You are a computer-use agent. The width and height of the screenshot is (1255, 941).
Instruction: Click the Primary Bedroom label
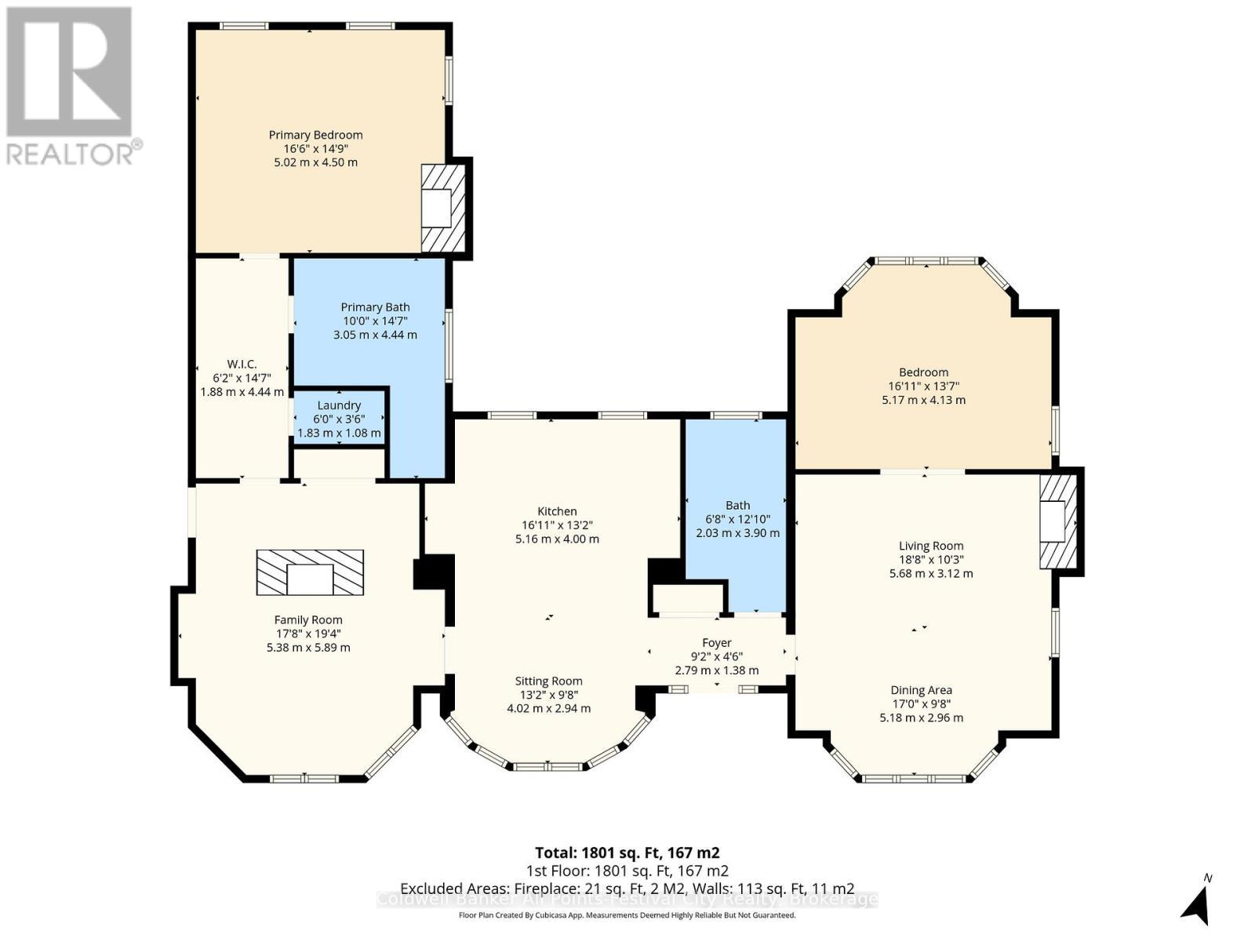coord(315,135)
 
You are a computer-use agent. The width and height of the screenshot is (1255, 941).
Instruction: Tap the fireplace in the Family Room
coord(310,572)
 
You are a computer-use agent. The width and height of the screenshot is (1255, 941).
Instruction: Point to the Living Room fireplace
coord(1058,521)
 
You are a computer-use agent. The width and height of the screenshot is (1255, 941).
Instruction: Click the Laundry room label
coord(339,405)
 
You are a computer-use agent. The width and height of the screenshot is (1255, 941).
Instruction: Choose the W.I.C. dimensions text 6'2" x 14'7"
coord(242,378)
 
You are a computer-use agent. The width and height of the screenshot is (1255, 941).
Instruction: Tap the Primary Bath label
coord(375,307)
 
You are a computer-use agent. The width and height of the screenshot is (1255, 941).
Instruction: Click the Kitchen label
coord(557,511)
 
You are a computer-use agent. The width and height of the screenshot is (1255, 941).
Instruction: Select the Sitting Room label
coord(548,681)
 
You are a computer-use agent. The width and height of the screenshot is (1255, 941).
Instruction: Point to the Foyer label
coord(716,642)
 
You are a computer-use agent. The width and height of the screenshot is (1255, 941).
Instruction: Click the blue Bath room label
coord(737,505)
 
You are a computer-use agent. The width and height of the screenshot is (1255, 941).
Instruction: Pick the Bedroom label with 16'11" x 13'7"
coord(923,372)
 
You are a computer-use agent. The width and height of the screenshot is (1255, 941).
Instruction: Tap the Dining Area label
coord(921,690)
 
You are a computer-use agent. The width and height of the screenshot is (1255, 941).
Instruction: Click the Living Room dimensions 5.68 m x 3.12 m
coord(930,573)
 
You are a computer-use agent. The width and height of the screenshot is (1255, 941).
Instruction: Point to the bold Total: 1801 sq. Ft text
coord(627,852)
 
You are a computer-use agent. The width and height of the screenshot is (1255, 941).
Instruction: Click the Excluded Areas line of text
coord(627,888)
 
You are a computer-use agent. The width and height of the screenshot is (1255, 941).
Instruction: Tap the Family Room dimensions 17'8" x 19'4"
coord(307,634)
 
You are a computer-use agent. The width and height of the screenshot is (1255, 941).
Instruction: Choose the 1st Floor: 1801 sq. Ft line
coord(627,870)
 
